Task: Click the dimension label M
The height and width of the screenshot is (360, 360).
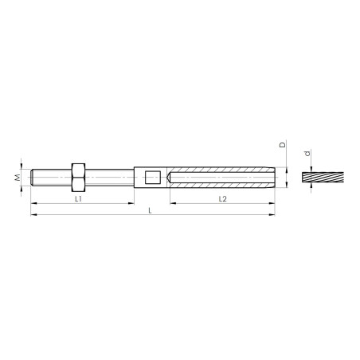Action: point(18,178)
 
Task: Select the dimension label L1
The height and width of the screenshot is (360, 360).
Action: point(78,199)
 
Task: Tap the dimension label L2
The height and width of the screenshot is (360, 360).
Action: point(223,199)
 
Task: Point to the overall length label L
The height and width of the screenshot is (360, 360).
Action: point(150,211)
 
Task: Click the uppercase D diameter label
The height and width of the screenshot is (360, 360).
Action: point(283,145)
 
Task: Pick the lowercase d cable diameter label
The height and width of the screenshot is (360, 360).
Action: point(307,154)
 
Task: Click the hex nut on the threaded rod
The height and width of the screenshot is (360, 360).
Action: point(78,178)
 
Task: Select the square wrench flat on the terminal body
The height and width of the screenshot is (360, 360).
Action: point(153,178)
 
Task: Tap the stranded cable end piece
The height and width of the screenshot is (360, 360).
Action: point(323,178)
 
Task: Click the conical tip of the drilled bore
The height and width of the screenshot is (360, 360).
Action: point(168,178)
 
